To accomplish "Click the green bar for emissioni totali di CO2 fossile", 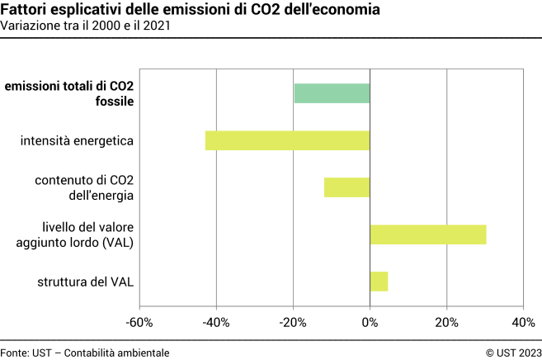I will click(x=332, y=93).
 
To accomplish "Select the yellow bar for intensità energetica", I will click(x=287, y=140).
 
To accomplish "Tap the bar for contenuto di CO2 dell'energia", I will click(x=346, y=187).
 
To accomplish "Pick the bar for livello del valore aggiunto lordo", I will click(x=427, y=234).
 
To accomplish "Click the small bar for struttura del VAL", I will click(x=379, y=282).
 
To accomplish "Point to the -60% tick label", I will click(x=139, y=322).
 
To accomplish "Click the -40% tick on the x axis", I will click(x=216, y=322).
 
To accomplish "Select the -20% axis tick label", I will click(x=293, y=322).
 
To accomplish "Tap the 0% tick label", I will click(x=370, y=322).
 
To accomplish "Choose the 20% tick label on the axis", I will click(x=446, y=322).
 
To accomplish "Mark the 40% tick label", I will click(x=523, y=322).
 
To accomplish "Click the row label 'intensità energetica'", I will click(x=78, y=140).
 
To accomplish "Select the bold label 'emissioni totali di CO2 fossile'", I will click(x=69, y=93).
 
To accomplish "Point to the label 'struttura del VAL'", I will click(x=86, y=282).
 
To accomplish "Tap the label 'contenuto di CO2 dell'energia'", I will click(x=84, y=187).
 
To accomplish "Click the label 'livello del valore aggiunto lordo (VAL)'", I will click(x=75, y=234).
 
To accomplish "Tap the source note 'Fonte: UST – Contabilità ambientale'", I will click(x=85, y=352).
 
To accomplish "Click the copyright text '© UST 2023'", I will click(x=513, y=352).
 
